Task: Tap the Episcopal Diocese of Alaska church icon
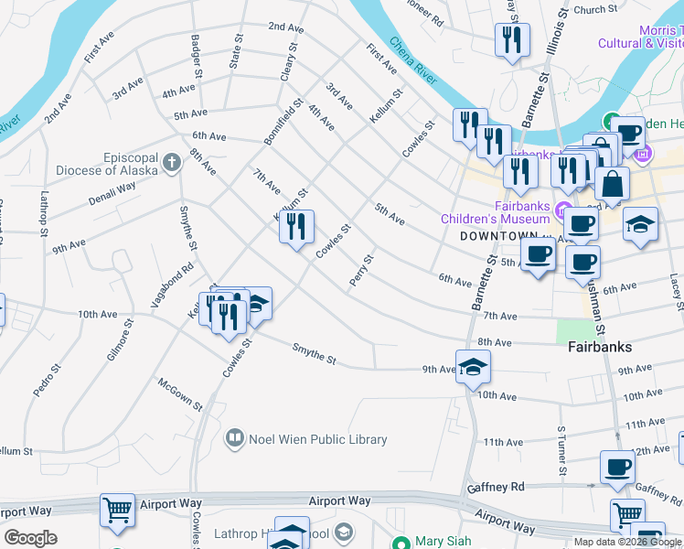click(x=170, y=164)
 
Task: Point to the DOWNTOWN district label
click(x=495, y=235)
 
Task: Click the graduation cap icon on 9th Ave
click(x=473, y=368)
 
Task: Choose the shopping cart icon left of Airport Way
click(x=117, y=510)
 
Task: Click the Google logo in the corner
click(x=30, y=538)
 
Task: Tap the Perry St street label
click(x=360, y=270)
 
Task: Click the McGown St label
click(x=180, y=393)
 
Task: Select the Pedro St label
click(x=47, y=380)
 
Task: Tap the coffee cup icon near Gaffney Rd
click(x=617, y=467)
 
